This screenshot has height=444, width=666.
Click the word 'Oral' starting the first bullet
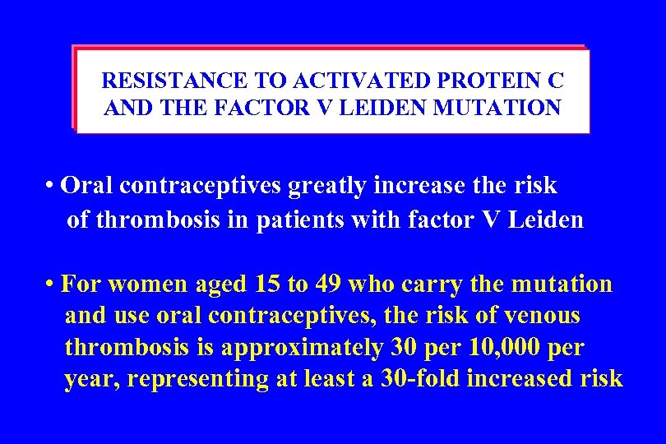[x=87, y=187]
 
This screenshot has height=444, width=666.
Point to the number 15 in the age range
[x=266, y=284]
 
